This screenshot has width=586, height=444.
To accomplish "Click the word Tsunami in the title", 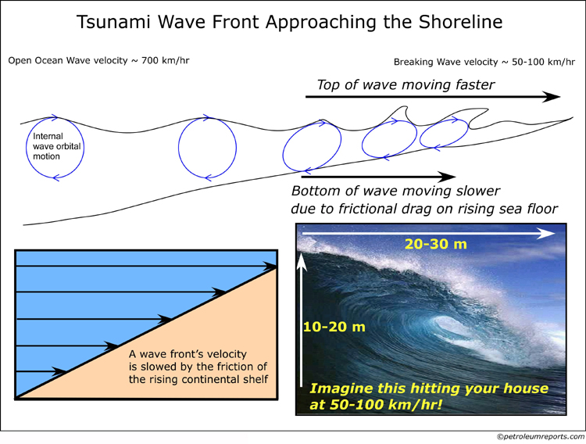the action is tap(113, 22).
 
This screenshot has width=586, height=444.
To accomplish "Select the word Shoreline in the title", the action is tap(460, 22).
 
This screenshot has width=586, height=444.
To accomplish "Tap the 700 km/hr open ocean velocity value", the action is tap(166, 61).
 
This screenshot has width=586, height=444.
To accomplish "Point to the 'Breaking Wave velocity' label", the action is tap(446, 62).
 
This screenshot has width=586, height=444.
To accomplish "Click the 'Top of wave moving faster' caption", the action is tap(406, 85).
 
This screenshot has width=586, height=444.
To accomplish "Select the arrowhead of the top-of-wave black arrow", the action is tap(552, 96).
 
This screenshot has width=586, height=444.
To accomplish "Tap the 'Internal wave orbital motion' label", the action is tap(56, 146).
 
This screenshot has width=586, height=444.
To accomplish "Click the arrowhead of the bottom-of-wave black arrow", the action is tap(447, 177).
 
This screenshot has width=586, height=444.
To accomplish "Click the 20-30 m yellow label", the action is tap(436, 244).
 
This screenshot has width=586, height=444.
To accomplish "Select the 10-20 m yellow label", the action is tap(334, 327).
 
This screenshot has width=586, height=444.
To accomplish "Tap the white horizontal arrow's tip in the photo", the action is tap(554, 234).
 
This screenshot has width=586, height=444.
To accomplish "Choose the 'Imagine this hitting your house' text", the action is tap(429, 388).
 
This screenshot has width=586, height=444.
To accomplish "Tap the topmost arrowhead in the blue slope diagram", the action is tap(270, 266).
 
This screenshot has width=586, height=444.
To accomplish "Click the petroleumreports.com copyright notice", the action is tap(541, 437).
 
